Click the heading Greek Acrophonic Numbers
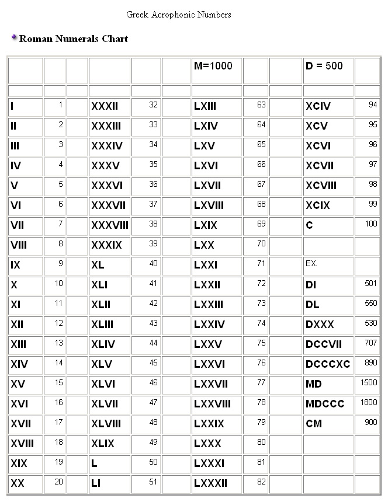click(x=178, y=15)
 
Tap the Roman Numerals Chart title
click(x=74, y=39)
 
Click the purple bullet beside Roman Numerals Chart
click(x=14, y=38)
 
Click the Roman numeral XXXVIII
click(x=110, y=225)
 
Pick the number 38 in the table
click(x=153, y=224)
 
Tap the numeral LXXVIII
click(x=212, y=403)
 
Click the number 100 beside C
click(x=371, y=224)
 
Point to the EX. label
click(x=311, y=263)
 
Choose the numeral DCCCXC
click(x=328, y=364)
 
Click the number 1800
click(x=369, y=402)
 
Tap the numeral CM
click(x=314, y=423)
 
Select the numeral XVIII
click(x=22, y=443)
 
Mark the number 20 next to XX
click(x=59, y=482)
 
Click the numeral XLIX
click(x=103, y=443)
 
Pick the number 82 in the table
click(x=261, y=482)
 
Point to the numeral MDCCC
click(x=325, y=403)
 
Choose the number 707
click(x=370, y=343)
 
